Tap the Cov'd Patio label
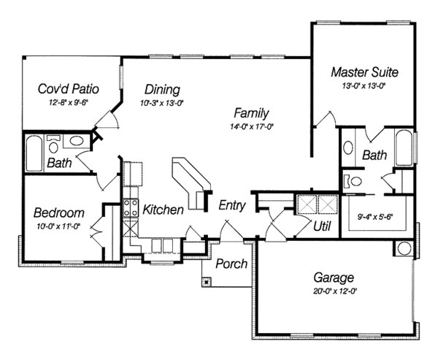pyautogui.click(x=69, y=89)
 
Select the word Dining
pyautogui.click(x=162, y=89)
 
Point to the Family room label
pyautogui.click(x=252, y=113)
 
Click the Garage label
pyautogui.click(x=334, y=277)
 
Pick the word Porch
pyautogui.click(x=231, y=264)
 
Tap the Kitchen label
pyautogui.click(x=163, y=210)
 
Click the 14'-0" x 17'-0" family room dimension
pyautogui.click(x=253, y=126)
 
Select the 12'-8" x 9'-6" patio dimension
pyautogui.click(x=69, y=103)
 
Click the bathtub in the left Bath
pyautogui.click(x=31, y=151)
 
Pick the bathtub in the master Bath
pyautogui.click(x=404, y=148)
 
